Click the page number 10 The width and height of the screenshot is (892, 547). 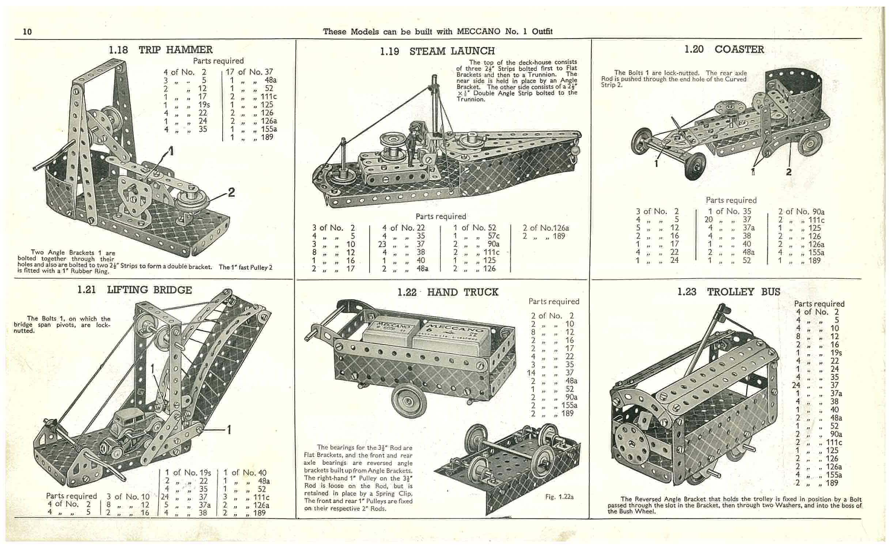[27, 32]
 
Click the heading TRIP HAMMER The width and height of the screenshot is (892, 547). [175, 50]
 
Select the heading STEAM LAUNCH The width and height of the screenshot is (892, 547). [452, 51]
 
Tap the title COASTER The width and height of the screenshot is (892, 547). [739, 49]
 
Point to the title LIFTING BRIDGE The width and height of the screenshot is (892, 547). [149, 290]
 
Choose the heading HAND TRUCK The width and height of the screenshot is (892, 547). [462, 292]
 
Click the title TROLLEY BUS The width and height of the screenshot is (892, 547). [744, 292]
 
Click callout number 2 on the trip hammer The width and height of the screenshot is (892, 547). [231, 192]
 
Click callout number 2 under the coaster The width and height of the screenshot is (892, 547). [789, 172]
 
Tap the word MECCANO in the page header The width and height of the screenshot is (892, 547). [478, 31]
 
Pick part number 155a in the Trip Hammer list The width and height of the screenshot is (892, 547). [269, 129]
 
